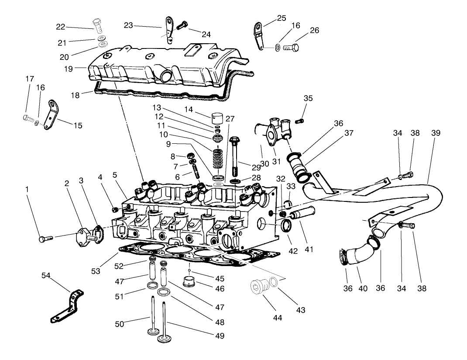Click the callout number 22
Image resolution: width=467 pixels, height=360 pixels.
pos(60,27)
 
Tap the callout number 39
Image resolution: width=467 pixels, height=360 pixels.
pos(436,132)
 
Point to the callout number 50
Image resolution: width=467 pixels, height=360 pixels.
pos(120,324)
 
